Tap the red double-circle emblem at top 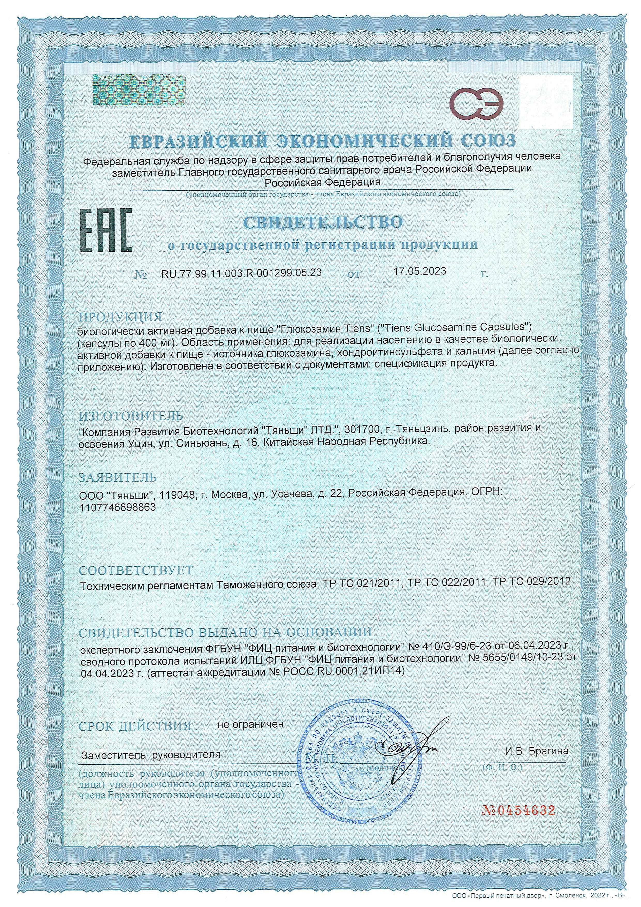pos(477,105)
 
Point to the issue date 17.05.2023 pos(420,271)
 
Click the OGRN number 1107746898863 pos(118,507)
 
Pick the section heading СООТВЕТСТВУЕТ pos(136,570)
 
